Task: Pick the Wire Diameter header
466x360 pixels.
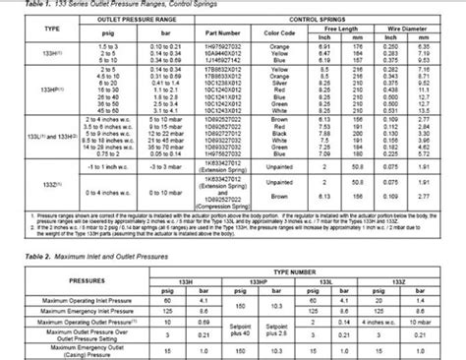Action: [x=424, y=28]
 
